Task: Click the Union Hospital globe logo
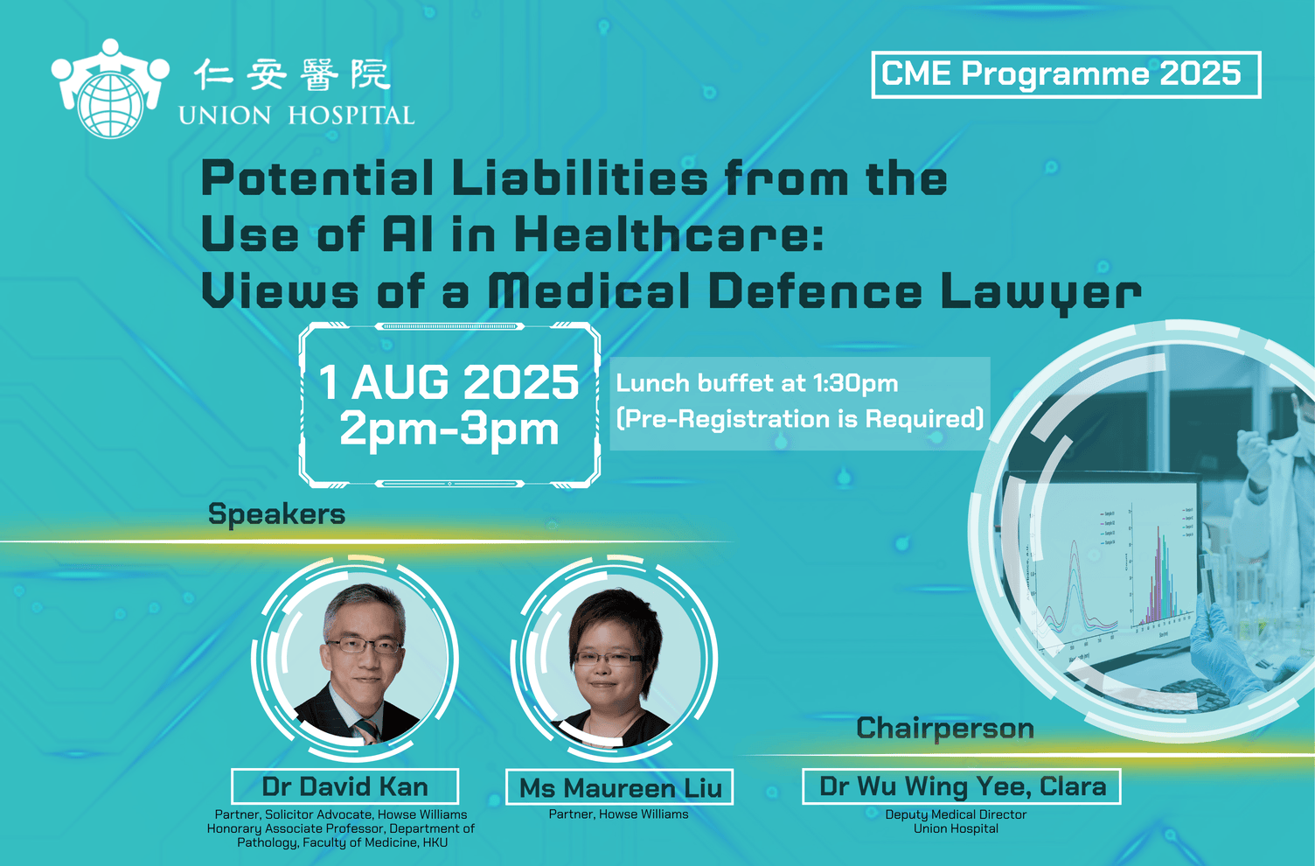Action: [x=110, y=88]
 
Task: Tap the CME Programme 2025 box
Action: [x=1066, y=74]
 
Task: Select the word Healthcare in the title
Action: [x=669, y=234]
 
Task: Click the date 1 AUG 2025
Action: [x=449, y=382]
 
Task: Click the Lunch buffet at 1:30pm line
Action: [x=756, y=384]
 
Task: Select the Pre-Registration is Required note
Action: [x=799, y=419]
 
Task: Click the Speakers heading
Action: [x=276, y=514]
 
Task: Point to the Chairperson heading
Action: [x=945, y=730]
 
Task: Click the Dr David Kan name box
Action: [x=345, y=786]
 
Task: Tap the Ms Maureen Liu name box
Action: [x=620, y=787]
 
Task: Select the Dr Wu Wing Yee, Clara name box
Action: [x=962, y=786]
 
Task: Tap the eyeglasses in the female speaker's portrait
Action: [x=609, y=658]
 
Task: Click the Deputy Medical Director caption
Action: [x=956, y=815]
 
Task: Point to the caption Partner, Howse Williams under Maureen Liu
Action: [x=619, y=814]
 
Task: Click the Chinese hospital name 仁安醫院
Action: [x=292, y=74]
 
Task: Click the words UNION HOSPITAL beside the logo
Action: [x=297, y=115]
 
